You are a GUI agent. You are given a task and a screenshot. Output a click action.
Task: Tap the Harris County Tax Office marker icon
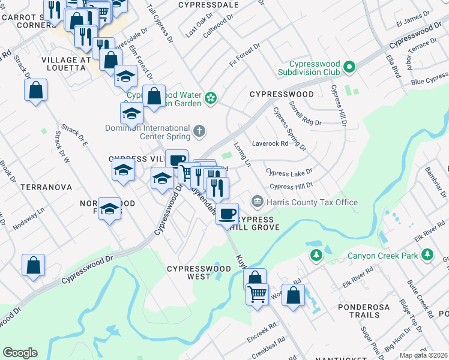pyautogui.click(x=258, y=200)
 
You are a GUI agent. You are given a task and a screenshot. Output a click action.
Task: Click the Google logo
pyautogui.click(x=20, y=353)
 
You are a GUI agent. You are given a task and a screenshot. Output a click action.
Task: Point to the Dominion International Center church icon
pyautogui.click(x=199, y=130)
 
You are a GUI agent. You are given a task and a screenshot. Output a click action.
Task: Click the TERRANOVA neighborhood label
pyautogui.click(x=46, y=187)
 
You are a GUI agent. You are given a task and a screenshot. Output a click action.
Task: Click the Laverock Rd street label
pyautogui.click(x=270, y=143)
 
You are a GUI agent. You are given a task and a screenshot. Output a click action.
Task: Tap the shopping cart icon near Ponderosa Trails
pyautogui.click(x=257, y=293)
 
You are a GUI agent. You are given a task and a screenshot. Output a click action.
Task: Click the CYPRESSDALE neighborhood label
pyautogui.click(x=208, y=5)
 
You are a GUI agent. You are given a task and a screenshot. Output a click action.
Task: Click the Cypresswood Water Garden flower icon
pyautogui.click(x=211, y=97)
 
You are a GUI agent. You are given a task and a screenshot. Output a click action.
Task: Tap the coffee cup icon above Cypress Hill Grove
pyautogui.click(x=227, y=214)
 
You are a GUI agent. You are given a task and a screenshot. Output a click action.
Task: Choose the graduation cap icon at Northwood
pyautogui.click(x=109, y=208)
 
